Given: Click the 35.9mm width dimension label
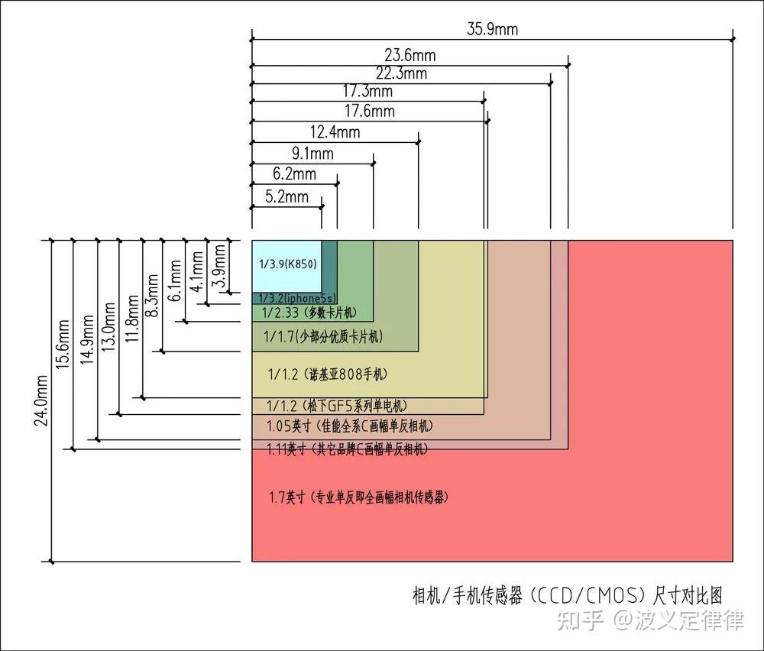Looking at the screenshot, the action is click(492, 29).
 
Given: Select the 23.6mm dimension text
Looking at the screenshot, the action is click(410, 55).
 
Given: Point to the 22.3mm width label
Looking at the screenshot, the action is click(401, 73).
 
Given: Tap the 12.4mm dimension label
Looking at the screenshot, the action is click(335, 132).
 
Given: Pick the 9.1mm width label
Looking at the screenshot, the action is click(312, 154).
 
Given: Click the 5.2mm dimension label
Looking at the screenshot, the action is click(286, 197).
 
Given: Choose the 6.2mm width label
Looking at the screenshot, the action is click(294, 174).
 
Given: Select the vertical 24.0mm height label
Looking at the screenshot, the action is click(41, 400).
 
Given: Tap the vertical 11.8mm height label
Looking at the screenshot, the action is click(132, 318).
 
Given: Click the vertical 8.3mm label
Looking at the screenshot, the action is click(153, 295).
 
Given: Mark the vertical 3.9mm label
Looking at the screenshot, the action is click(220, 266).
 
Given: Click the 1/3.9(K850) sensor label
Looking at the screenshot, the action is click(287, 264).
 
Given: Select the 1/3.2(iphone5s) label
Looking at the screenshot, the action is click(296, 298).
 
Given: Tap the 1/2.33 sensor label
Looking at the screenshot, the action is click(309, 313).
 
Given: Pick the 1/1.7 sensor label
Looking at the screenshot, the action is click(323, 336).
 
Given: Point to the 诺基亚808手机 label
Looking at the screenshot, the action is click(346, 374).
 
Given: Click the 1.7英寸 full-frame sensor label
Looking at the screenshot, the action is click(358, 497).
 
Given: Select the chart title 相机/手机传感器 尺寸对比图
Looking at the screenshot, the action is click(568, 595).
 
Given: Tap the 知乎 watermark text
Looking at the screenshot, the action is click(580, 620).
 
